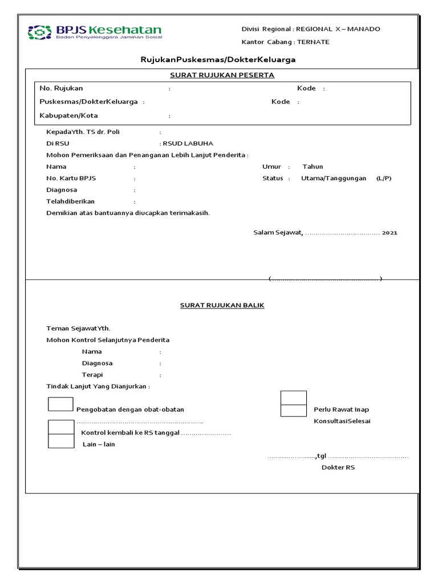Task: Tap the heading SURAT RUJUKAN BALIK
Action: (x=222, y=306)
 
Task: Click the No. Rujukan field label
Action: (x=62, y=88)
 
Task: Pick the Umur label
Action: (x=272, y=167)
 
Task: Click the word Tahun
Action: (x=313, y=167)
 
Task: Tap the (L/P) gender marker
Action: (x=384, y=179)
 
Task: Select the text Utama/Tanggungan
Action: (x=334, y=179)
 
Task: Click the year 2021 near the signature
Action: (x=390, y=233)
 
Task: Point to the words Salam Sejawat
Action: (x=278, y=233)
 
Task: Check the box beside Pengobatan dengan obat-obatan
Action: (x=60, y=404)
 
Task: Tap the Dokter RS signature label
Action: (x=338, y=468)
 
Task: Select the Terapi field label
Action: (x=92, y=375)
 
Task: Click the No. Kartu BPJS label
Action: (x=71, y=179)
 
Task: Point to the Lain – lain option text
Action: (x=99, y=444)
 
